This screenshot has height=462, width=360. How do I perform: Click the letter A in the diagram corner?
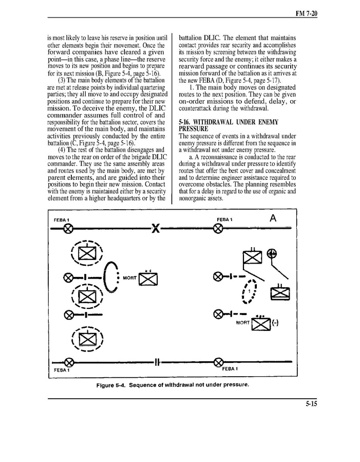tap(273, 218)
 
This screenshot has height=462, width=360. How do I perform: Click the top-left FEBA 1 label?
tap(61, 220)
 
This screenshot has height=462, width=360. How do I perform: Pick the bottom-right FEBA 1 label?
tap(229, 369)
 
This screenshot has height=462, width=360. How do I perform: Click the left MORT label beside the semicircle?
tap(130, 278)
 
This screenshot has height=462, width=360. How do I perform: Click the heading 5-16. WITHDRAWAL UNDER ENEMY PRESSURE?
tap(229, 125)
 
